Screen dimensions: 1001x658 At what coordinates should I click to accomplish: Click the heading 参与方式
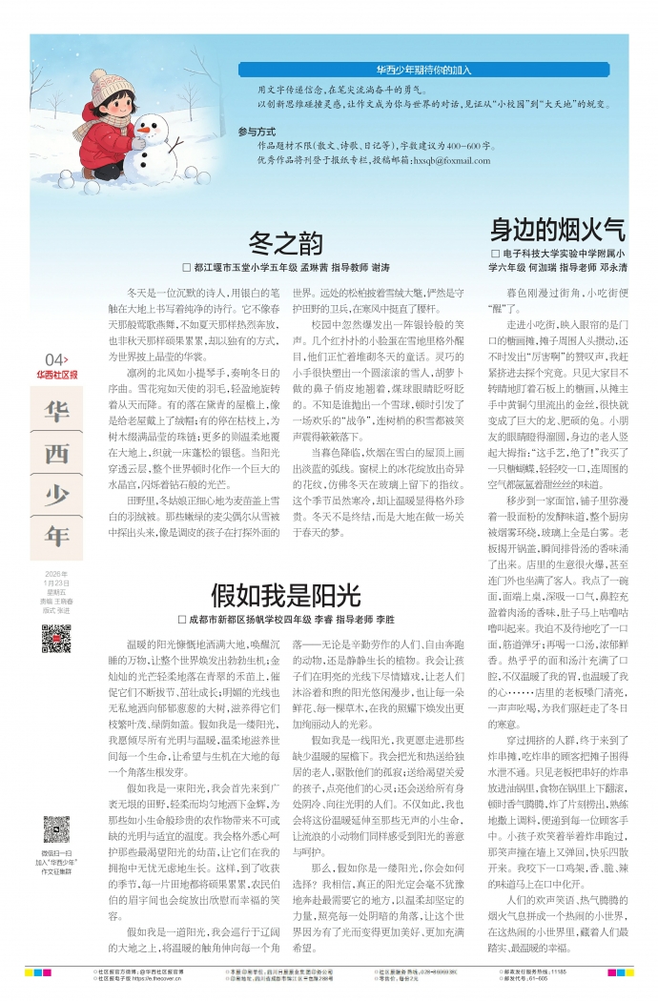(x=257, y=131)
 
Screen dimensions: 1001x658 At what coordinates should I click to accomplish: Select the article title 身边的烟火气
(x=558, y=230)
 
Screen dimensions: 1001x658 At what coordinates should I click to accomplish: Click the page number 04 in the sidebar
(x=54, y=358)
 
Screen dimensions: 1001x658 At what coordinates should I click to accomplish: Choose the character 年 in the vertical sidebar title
(x=56, y=536)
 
